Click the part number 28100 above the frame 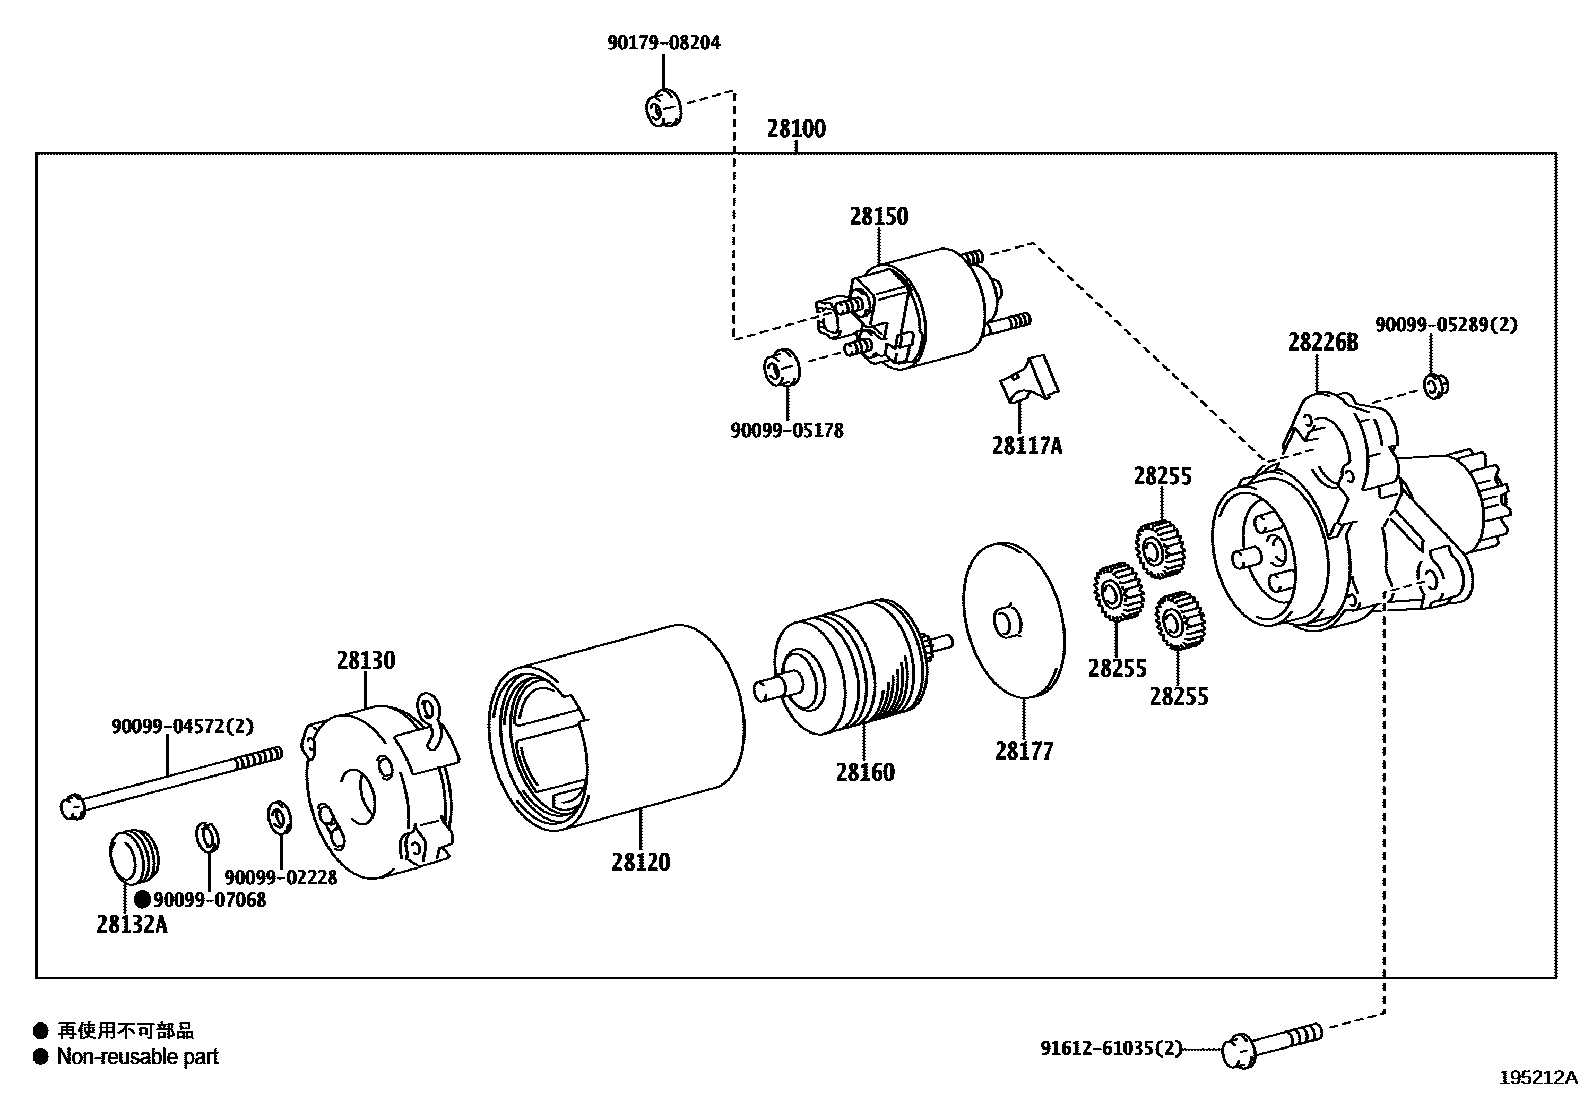pos(796,129)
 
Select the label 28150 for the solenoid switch pos(878,216)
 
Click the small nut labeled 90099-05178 pos(782,366)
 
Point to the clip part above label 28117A pos(1029,382)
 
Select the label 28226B pos(1322,343)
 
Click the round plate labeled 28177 pos(1012,619)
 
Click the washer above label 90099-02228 pos(279,817)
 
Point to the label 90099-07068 pos(210,899)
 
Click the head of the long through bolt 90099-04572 pos(71,804)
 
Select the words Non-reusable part pos(137,1056)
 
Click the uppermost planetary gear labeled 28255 pos(1160,548)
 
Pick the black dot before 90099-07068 pos(142,899)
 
